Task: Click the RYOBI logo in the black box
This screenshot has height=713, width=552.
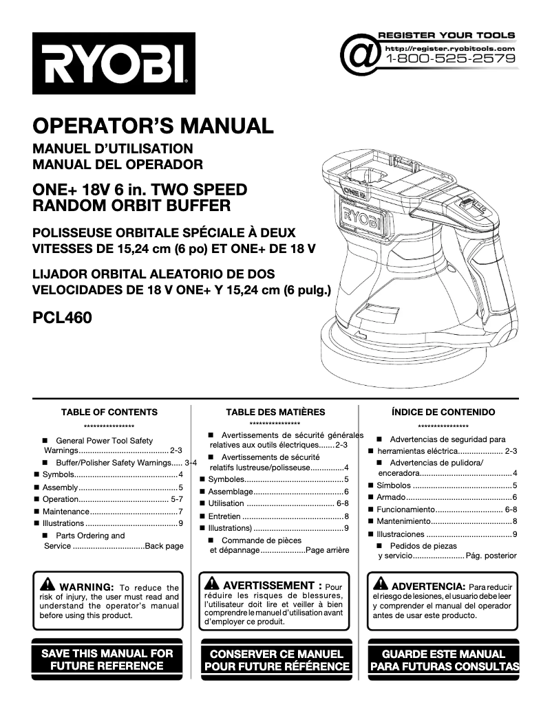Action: tap(114, 63)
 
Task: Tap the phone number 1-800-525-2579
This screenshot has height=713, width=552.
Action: tap(451, 59)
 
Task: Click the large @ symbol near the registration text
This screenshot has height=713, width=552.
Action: tap(361, 55)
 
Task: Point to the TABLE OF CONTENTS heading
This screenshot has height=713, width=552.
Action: tap(109, 413)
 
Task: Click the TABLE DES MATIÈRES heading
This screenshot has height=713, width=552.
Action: tap(275, 413)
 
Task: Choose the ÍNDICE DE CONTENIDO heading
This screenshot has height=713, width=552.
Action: tap(443, 413)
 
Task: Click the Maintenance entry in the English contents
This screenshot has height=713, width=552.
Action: tap(66, 512)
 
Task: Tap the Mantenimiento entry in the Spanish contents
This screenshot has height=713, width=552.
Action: tap(405, 521)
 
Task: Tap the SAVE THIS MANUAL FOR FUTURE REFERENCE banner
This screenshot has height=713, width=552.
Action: tap(108, 659)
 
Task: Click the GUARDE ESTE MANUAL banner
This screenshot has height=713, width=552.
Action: tap(444, 660)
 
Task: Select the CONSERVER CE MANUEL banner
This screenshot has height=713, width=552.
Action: tap(276, 660)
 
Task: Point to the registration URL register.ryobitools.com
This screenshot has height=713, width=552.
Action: tap(450, 49)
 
